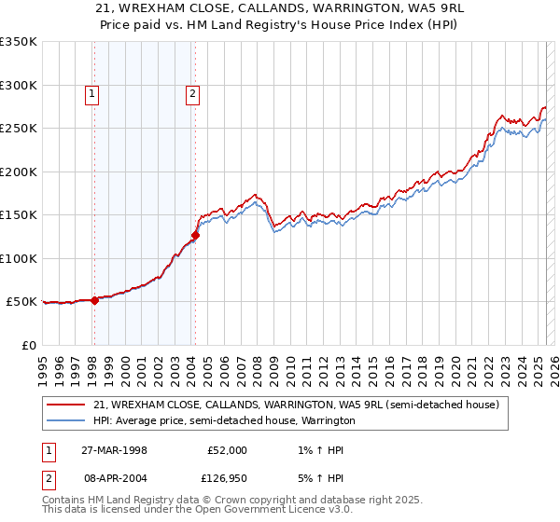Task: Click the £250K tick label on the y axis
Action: point(19,129)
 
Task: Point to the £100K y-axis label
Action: point(19,258)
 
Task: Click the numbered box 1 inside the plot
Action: point(93,92)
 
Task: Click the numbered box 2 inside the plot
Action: point(192,92)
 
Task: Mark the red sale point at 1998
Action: point(94,300)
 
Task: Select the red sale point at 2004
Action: point(195,235)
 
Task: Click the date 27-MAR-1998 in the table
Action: point(114,449)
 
